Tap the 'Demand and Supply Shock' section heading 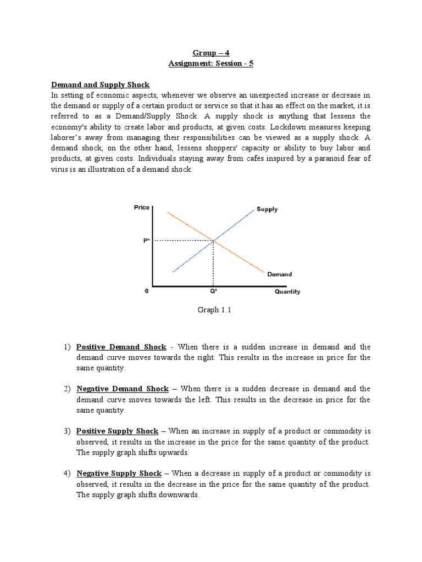click(x=100, y=85)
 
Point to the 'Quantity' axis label click(x=287, y=291)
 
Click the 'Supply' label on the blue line click(x=267, y=209)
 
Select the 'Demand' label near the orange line click(x=279, y=274)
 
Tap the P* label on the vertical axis click(x=147, y=240)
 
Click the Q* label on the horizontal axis click(x=213, y=291)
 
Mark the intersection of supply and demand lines click(x=214, y=240)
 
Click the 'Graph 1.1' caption click(x=211, y=310)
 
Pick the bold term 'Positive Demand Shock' click(x=121, y=347)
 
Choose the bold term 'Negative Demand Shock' click(x=122, y=389)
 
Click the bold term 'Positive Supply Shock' click(x=117, y=431)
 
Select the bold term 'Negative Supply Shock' click(x=119, y=473)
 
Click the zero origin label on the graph click(x=146, y=291)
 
